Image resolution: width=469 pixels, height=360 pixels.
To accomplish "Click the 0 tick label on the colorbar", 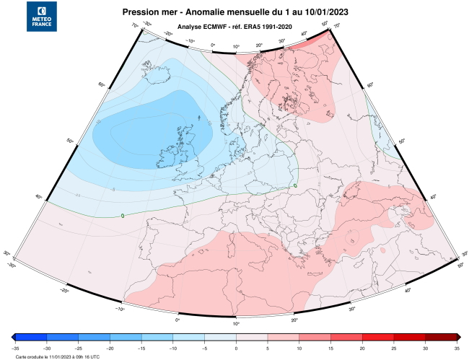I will pos(236,348).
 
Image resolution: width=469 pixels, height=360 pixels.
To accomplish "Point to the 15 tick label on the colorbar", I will pos(330,348).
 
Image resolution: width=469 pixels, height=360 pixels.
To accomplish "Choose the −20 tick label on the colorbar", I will pos(109,348).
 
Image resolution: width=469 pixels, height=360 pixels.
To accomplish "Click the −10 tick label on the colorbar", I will pos(172,348).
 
